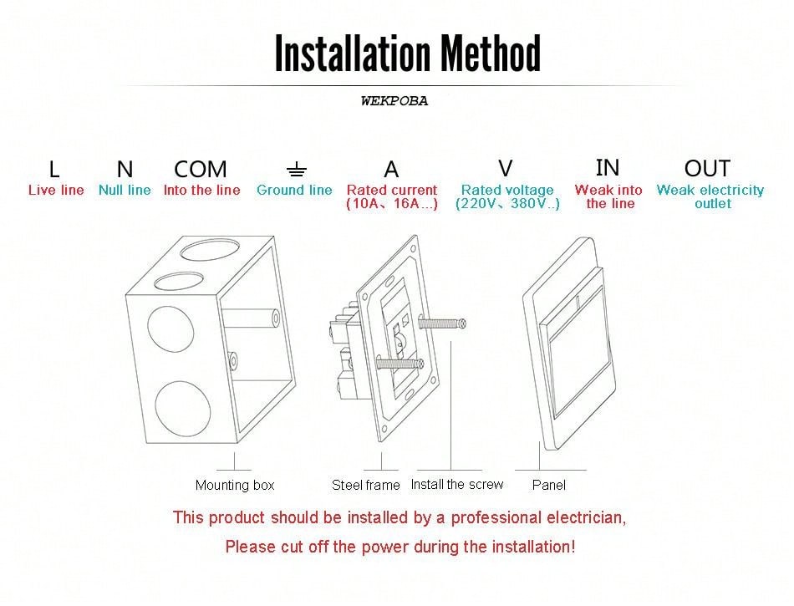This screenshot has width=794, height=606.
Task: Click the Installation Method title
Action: pyautogui.click(x=408, y=53)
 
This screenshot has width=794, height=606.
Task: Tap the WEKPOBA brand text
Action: pyautogui.click(x=394, y=101)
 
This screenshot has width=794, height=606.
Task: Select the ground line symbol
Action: pyautogui.click(x=296, y=171)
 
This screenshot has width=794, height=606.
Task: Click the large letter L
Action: pyautogui.click(x=54, y=170)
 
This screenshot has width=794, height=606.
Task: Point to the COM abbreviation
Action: pyautogui.click(x=201, y=170)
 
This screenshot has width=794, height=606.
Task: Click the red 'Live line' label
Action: pyautogui.click(x=56, y=191)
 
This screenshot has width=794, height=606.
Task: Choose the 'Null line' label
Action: pyautogui.click(x=125, y=191)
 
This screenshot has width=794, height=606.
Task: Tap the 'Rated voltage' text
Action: pyautogui.click(x=507, y=191)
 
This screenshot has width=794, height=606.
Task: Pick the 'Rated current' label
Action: pyautogui.click(x=391, y=191)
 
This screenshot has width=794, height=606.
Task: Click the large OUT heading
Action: pyautogui.click(x=707, y=168)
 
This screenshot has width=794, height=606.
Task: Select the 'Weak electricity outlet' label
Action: pyautogui.click(x=710, y=196)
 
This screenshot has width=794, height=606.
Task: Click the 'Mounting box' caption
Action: pyautogui.click(x=234, y=486)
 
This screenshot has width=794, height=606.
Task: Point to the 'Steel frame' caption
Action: pyautogui.click(x=365, y=485)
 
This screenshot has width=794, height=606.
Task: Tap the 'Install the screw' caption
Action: pyautogui.click(x=457, y=485)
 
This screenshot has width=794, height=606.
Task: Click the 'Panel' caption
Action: pyautogui.click(x=549, y=485)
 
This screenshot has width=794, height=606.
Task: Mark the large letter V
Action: pyautogui.click(x=506, y=168)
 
